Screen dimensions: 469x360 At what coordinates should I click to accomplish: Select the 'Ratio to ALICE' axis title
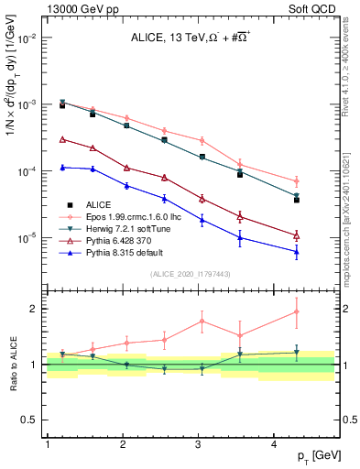tap(12, 365)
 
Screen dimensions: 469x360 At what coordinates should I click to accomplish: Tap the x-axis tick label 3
tap(199, 443)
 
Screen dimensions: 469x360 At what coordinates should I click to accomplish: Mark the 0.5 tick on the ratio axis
tap(30, 420)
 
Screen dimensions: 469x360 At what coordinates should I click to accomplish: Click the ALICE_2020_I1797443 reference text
tap(189, 274)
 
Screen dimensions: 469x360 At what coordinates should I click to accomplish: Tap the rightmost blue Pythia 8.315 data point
tap(297, 252)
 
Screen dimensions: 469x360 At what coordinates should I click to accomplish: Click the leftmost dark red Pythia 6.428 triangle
tap(62, 139)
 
